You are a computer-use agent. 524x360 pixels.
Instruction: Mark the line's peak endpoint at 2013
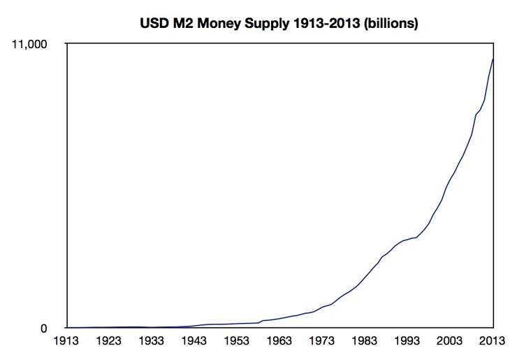coord(493,59)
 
